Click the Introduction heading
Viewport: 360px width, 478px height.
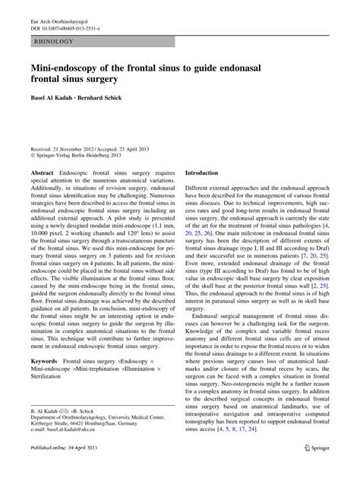click(207, 173)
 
